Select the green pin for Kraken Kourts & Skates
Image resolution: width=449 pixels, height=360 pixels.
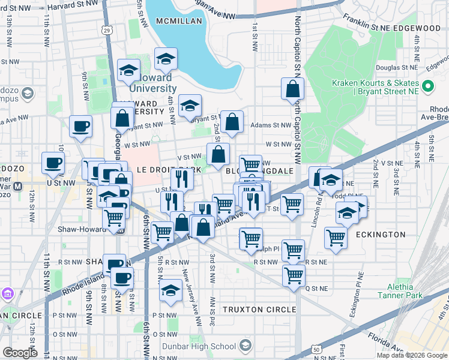(x=428, y=87)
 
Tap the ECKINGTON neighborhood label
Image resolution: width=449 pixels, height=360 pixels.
(x=381, y=235)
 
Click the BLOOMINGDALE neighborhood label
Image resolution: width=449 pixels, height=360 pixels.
(x=259, y=171)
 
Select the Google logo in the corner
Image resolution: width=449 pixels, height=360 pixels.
(x=20, y=352)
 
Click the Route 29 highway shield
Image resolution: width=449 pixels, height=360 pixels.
(x=107, y=29)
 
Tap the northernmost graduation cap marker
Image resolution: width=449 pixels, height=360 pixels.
(x=166, y=59)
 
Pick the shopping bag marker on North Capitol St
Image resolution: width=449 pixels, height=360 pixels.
(x=292, y=89)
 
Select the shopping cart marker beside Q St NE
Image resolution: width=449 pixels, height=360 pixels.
(x=294, y=276)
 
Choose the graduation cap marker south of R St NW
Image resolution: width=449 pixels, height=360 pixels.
(x=171, y=290)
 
